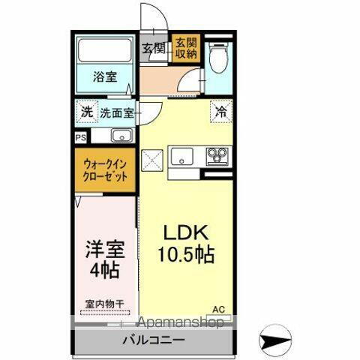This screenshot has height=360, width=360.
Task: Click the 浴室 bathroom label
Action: click(104, 76)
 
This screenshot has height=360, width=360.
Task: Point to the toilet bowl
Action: click(219, 58)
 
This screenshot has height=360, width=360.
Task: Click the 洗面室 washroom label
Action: click(117, 114)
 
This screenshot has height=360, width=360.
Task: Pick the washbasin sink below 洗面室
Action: click(121, 136)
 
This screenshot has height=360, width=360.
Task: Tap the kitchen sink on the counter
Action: click(183, 157)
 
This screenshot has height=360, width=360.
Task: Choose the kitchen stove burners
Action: click(217, 157)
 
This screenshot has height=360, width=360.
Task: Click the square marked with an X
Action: click(153, 159)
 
